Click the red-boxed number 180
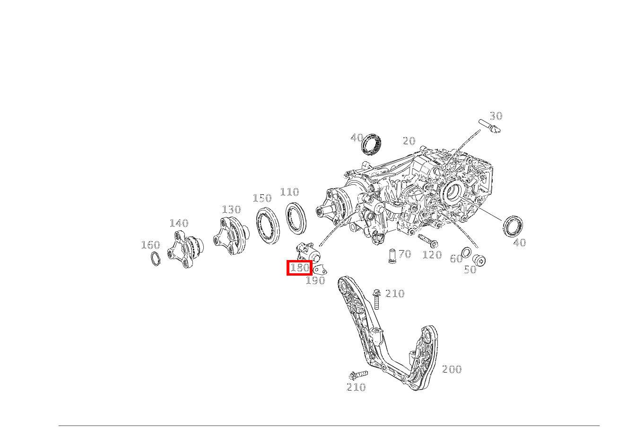point(299,268)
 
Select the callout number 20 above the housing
point(409,141)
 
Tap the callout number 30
point(496,116)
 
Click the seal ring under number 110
point(296,218)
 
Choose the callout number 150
point(262,198)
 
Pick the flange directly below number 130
point(231,235)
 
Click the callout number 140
point(179,223)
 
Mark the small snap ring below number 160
point(156,259)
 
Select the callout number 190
point(315,280)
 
